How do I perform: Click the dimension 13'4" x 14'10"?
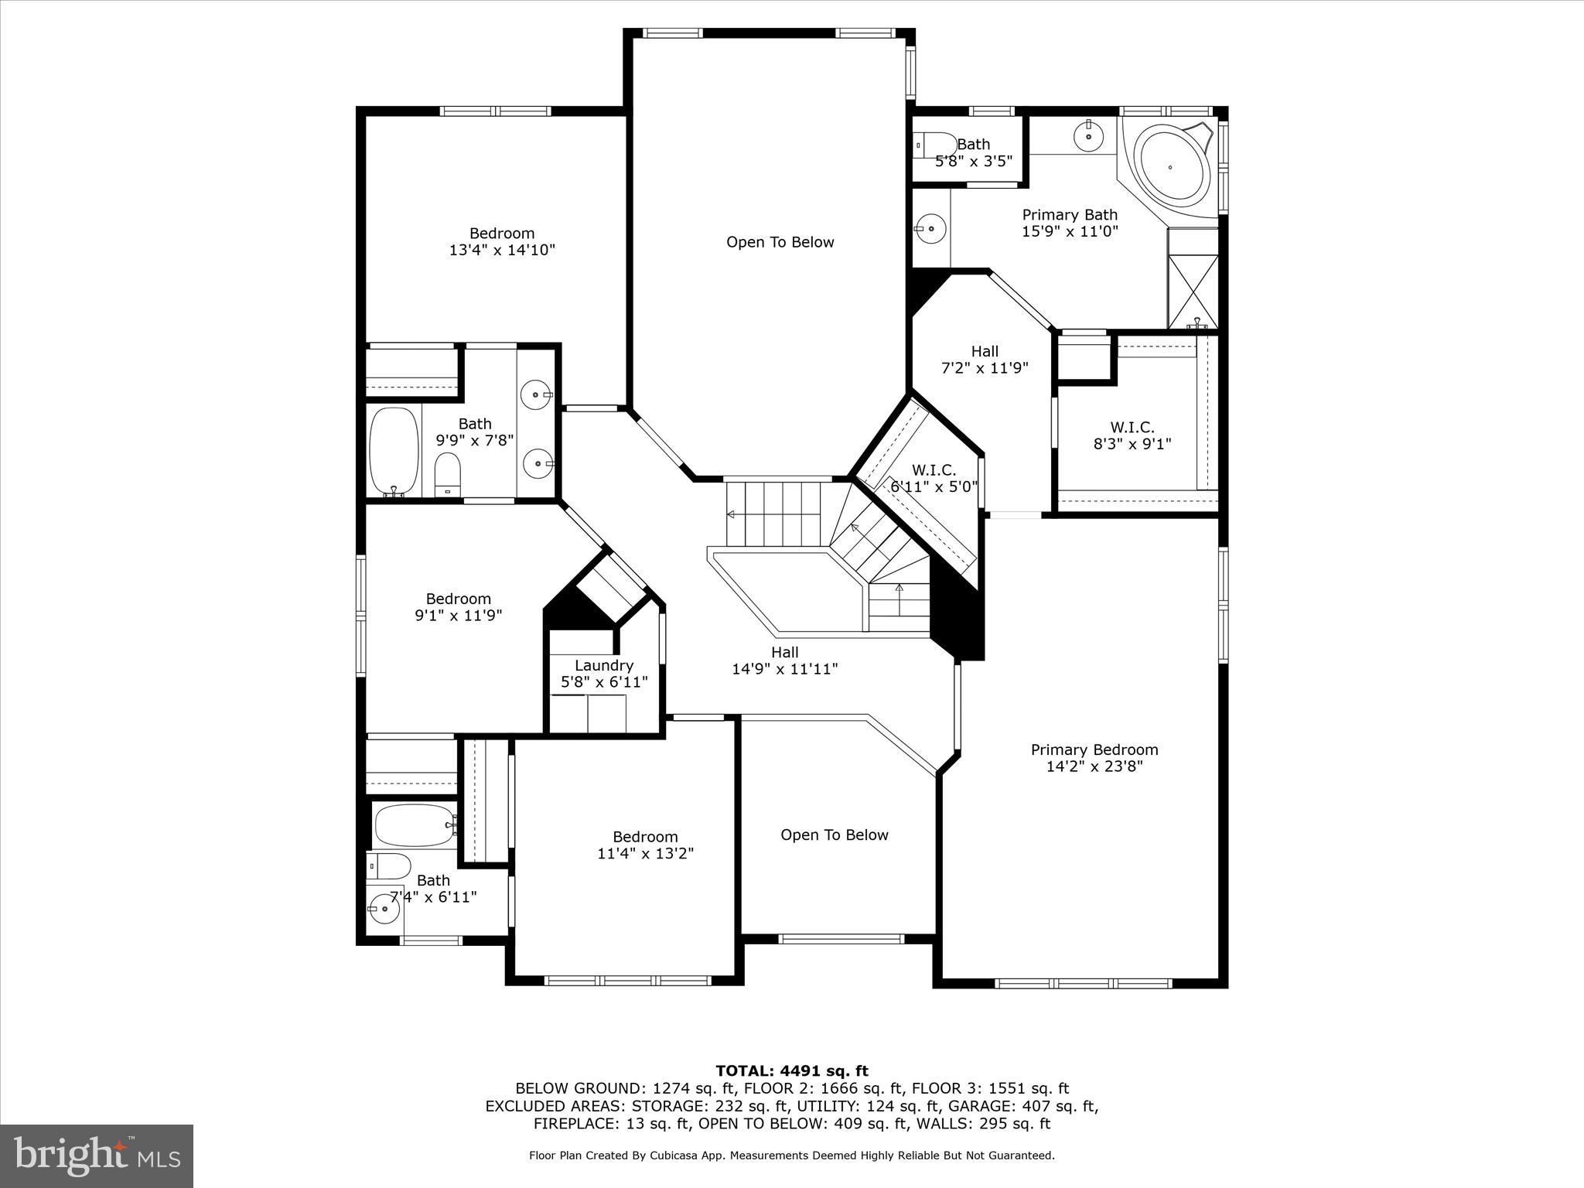[502, 251]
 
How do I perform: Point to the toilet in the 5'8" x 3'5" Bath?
[936, 145]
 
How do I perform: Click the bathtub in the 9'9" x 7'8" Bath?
[394, 452]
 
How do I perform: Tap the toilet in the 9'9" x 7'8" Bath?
[448, 473]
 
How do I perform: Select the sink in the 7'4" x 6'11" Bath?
[384, 909]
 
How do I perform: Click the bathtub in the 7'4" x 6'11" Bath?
[415, 826]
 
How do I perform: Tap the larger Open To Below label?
[780, 242]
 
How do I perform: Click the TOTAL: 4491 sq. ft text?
[791, 1071]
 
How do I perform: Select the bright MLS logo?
[97, 1156]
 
